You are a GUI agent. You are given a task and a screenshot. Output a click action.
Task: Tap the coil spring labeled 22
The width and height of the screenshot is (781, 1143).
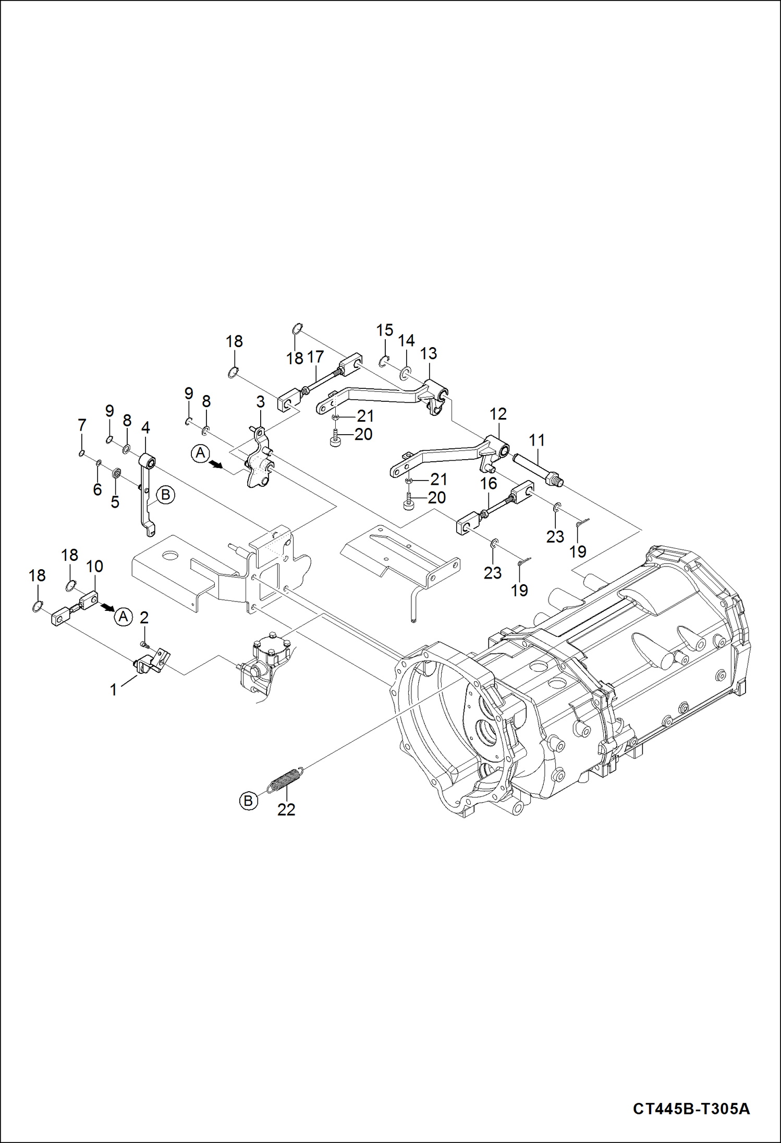285,779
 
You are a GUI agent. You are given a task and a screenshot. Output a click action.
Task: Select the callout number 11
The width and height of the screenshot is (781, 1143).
536,440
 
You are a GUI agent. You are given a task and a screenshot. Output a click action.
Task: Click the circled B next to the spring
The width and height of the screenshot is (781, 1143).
249,800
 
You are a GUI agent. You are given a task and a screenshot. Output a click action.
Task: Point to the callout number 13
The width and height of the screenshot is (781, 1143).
428,353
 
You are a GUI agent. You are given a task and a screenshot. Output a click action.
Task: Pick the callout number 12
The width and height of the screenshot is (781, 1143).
498,414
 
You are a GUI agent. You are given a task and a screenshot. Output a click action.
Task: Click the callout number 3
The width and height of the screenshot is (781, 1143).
260,402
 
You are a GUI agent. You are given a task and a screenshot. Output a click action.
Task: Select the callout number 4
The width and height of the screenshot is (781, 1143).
145,428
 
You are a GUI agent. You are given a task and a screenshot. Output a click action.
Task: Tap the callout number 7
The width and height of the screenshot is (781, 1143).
82,425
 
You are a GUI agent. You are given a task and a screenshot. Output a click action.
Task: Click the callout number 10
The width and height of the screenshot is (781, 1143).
94,566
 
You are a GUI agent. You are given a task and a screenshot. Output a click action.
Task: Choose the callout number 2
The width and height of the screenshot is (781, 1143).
144,617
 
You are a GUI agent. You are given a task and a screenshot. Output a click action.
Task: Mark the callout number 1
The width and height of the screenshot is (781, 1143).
114,690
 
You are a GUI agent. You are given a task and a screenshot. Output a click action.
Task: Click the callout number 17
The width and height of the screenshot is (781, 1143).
315,357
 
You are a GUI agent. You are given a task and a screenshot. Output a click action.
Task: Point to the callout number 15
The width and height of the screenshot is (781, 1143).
384,330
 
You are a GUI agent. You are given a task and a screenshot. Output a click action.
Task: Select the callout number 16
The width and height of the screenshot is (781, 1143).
488,483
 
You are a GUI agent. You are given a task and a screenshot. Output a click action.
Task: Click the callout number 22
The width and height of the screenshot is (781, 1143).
286,809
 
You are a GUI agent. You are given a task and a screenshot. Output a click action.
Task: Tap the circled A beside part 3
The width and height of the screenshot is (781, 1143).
201,453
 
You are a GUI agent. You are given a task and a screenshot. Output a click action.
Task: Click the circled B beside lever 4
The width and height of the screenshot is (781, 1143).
166,494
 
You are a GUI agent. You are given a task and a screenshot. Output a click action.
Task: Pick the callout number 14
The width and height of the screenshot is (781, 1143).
406,340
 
